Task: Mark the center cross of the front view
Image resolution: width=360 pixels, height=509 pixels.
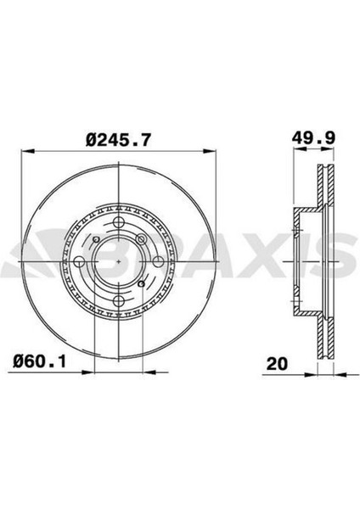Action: (x=124, y=260)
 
